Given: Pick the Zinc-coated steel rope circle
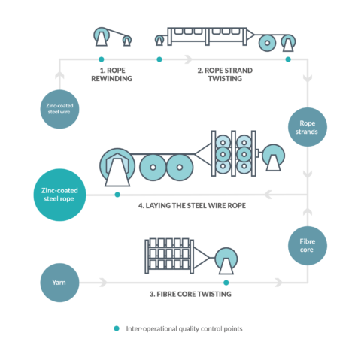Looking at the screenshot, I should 59,194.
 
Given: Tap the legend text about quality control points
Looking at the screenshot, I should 187,328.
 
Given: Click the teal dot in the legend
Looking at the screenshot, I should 116,328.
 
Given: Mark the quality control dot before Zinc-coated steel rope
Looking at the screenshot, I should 117,194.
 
